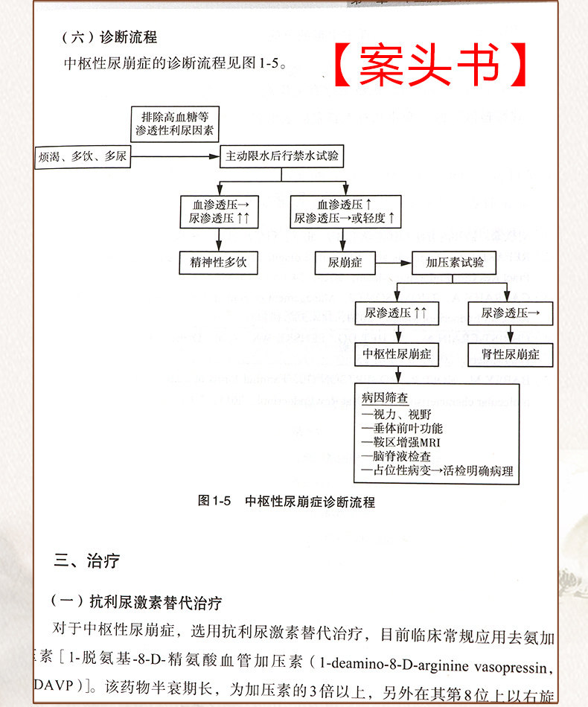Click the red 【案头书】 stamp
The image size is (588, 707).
(430, 65)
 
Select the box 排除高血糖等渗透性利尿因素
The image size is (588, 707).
(176, 124)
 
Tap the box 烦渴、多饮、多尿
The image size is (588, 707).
(82, 157)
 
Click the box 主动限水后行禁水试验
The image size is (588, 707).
(281, 156)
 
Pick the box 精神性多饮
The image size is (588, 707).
(219, 263)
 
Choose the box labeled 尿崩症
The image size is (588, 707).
(345, 263)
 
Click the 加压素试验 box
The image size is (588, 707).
(454, 263)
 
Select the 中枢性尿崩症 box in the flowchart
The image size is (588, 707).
(397, 354)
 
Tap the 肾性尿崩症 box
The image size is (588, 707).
(510, 354)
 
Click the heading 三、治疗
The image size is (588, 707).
(86, 560)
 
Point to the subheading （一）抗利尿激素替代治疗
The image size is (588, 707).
(135, 601)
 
